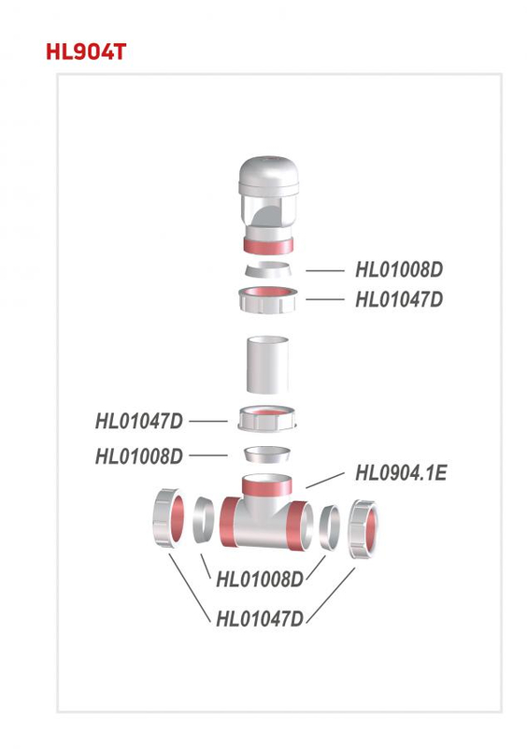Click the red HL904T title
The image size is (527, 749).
pyautogui.click(x=86, y=51)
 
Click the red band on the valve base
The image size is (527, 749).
pyautogui.click(x=268, y=246)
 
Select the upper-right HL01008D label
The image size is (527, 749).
pyautogui.click(x=399, y=269)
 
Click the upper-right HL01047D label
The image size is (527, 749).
pyautogui.click(x=399, y=300)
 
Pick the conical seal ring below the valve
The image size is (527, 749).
pyautogui.click(x=268, y=270)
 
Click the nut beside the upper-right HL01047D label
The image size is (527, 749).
pyautogui.click(x=267, y=300)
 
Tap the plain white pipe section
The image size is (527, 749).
pyautogui.click(x=267, y=366)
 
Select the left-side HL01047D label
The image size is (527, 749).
pyautogui.click(x=139, y=422)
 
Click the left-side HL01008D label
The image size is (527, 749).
pyautogui.click(x=139, y=456)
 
